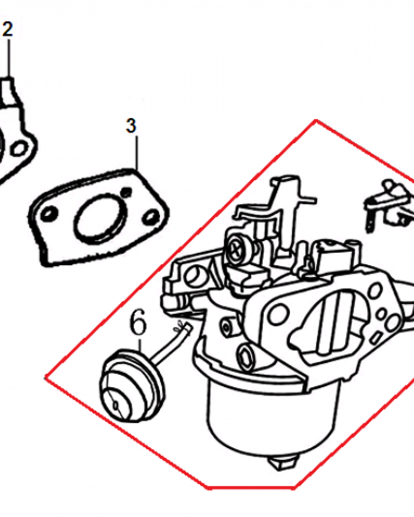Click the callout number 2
[x=8, y=29]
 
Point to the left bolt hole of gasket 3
[x=48, y=215]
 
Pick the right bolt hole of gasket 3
[x=152, y=216]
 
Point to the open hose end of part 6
[x=187, y=327]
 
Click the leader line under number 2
[x=9, y=58]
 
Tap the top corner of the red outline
[x=316, y=120]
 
